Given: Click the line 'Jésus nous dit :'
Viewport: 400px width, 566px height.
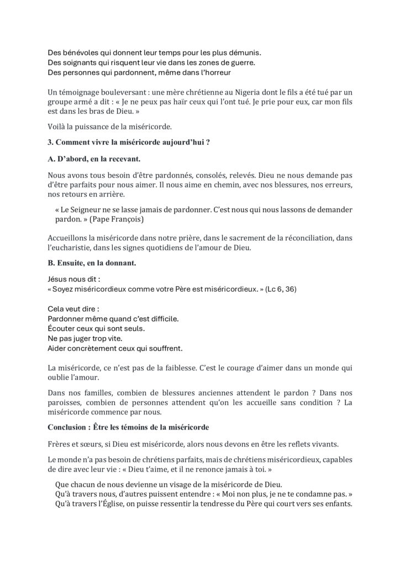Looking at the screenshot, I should (x=70, y=279).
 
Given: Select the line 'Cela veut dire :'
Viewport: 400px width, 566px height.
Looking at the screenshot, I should (x=69, y=308).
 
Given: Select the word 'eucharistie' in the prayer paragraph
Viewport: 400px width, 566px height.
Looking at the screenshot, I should (x=73, y=248).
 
